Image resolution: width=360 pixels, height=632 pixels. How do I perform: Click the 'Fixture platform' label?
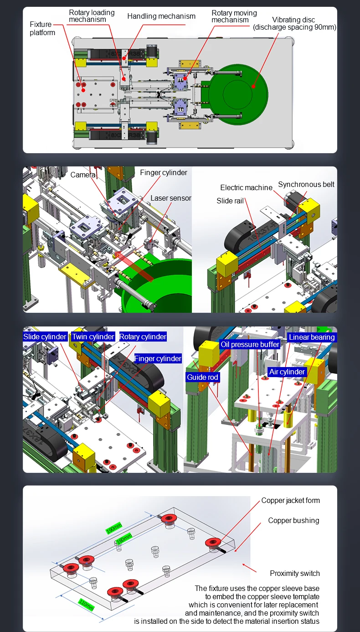click(x=42, y=28)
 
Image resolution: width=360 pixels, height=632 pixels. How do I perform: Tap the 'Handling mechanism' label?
click(x=161, y=16)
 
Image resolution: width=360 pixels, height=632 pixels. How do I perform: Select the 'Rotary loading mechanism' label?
click(x=92, y=16)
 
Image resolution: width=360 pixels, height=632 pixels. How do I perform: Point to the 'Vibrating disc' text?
click(x=293, y=20)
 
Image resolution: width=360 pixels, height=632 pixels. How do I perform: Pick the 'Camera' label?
click(x=83, y=175)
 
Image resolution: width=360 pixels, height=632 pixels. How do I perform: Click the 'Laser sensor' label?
click(x=171, y=198)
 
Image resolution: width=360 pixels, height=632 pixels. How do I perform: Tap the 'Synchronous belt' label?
click(x=306, y=184)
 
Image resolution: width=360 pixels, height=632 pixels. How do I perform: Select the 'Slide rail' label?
click(x=230, y=201)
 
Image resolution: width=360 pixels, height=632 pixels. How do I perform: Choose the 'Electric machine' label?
click(x=247, y=187)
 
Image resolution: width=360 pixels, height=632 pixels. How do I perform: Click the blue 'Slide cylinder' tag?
click(x=45, y=337)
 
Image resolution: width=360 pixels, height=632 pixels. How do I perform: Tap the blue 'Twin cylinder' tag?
click(x=93, y=337)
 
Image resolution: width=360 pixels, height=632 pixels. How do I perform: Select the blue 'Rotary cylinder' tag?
click(x=143, y=337)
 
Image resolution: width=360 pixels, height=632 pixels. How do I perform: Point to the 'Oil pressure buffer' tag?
click(x=250, y=344)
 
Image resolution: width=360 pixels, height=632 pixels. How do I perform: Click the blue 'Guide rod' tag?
click(x=202, y=377)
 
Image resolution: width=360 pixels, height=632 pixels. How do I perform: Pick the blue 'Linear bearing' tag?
click(x=312, y=337)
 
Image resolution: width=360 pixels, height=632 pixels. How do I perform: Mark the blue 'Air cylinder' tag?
click(x=287, y=372)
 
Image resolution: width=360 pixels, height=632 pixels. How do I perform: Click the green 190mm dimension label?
click(x=114, y=528)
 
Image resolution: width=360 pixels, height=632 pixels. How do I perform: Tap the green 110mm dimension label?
click(x=86, y=605)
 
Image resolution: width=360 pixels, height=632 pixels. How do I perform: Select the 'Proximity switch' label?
click(x=295, y=573)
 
